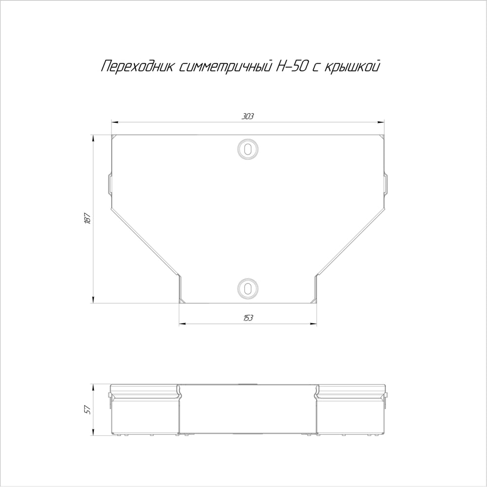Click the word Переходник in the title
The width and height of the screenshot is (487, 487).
pos(137,66)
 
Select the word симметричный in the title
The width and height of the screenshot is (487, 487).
pos(226,66)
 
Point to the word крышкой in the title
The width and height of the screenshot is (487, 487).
pos(352,66)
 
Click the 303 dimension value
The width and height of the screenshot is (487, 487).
pos(248,116)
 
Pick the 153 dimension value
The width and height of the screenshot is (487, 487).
pos(248,318)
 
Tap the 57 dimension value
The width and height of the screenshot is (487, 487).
pos(88,410)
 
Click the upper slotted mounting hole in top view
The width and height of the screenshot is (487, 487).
pos(248,150)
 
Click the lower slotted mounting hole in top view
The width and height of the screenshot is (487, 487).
pos(248,288)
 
